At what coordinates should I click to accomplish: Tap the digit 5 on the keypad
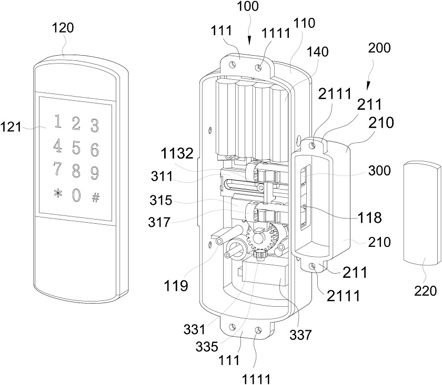(76, 147)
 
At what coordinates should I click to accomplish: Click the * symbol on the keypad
(58, 194)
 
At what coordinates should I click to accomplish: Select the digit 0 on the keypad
(76, 195)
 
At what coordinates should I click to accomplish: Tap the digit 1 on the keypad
(58, 121)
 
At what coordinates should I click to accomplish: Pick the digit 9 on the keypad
(94, 173)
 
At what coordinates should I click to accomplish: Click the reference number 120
(63, 28)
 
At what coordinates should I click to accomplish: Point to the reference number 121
(11, 127)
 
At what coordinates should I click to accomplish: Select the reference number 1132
(177, 154)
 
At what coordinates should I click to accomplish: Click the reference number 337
(300, 335)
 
